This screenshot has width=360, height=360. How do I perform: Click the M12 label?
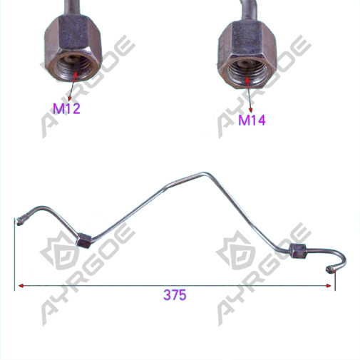tap(66, 108)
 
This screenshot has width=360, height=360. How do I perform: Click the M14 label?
tap(252, 120)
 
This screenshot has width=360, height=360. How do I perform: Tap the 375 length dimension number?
tap(175, 295)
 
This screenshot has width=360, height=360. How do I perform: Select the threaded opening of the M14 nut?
tap(248, 73)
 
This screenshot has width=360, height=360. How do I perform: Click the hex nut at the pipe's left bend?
tap(83, 241)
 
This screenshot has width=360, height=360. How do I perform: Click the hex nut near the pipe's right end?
tap(297, 252)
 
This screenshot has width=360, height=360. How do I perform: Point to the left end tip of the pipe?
tap(19, 222)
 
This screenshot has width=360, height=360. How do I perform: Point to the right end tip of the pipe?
tap(329, 269)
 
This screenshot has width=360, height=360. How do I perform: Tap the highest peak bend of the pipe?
tap(203, 174)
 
